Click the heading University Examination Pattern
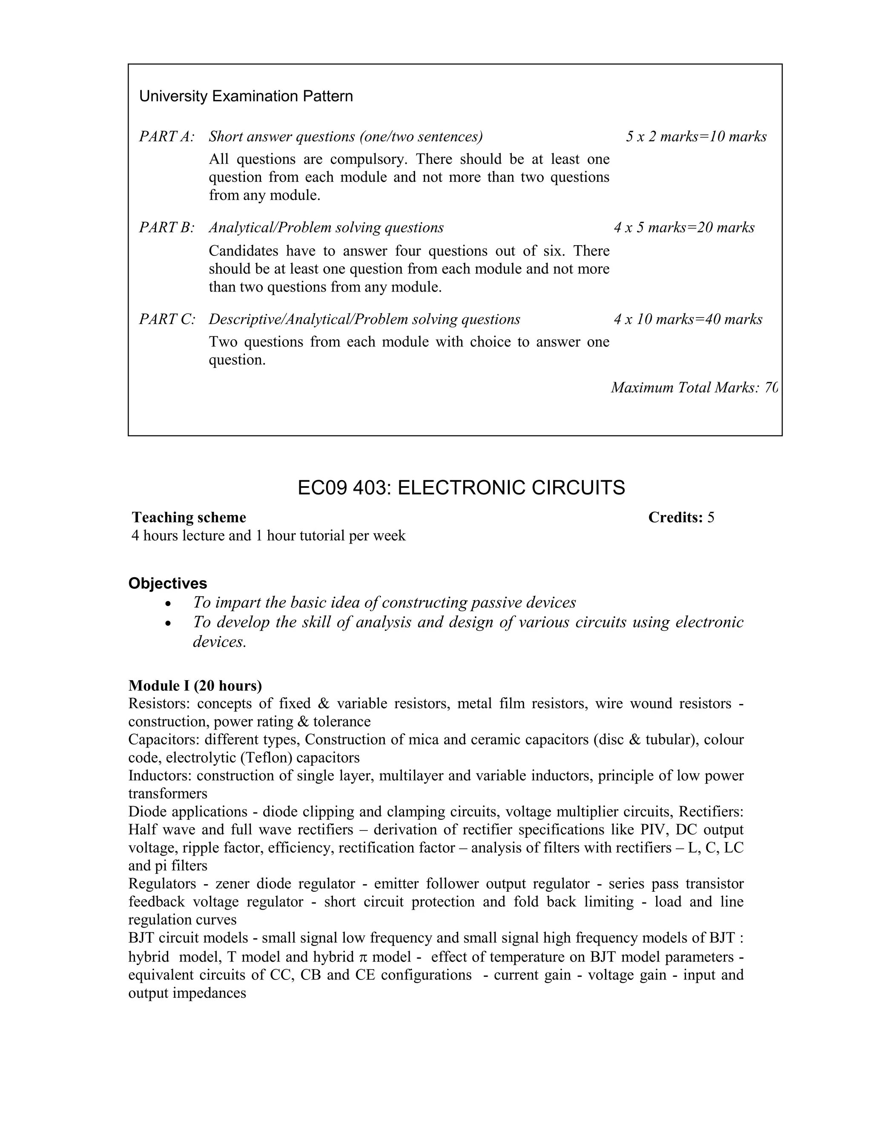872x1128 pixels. pos(246,97)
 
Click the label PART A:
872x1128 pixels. pos(166,137)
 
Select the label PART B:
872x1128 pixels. pos(166,228)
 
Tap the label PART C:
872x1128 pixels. pos(167,319)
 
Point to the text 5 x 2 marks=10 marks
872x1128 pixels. pos(696,137)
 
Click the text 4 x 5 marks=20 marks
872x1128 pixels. pos(683,228)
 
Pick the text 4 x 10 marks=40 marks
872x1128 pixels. pos(688,319)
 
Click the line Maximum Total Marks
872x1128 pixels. pos(693,387)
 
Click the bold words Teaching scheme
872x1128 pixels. pos(189,518)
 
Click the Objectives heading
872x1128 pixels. pos(167,583)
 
